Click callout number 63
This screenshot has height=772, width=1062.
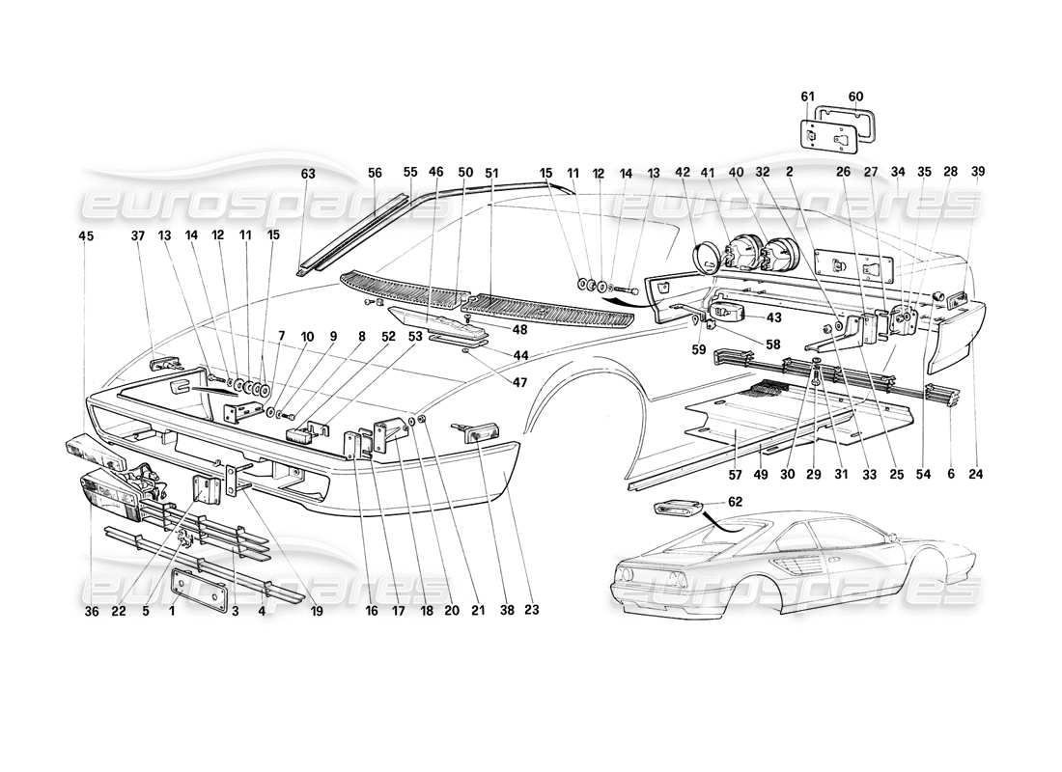coord(308,174)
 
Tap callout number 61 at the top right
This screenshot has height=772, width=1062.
coord(808,96)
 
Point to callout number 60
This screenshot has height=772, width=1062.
coord(855,96)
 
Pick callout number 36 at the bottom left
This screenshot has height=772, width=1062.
coord(92,610)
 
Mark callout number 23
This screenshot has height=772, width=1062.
coord(531,610)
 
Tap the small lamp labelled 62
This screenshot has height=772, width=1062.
coord(677,507)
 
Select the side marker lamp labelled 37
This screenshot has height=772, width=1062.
coord(166,366)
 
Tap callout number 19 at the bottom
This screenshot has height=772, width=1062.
coord(318,610)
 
